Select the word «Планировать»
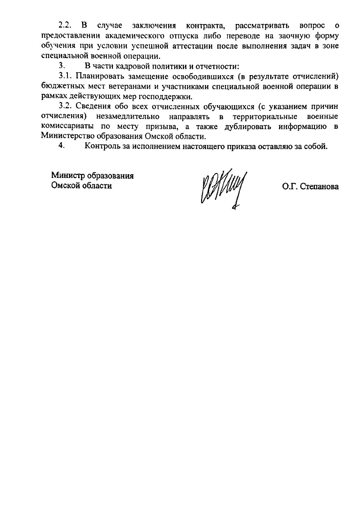click(97, 76)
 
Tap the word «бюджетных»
click(61, 86)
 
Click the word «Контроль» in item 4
click(102, 147)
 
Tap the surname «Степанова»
click(319, 186)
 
